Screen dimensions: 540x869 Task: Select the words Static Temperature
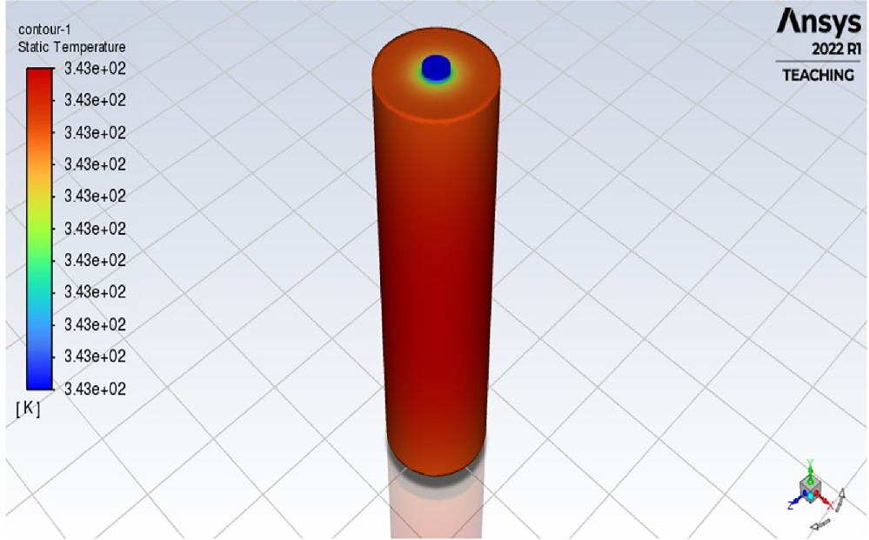[71, 47]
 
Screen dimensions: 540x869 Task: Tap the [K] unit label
[28, 410]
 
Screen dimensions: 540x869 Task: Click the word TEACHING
[818, 76]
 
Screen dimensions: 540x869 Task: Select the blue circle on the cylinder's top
[435, 66]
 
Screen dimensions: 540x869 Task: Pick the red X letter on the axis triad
[830, 504]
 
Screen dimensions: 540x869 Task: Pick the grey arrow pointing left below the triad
[819, 524]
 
